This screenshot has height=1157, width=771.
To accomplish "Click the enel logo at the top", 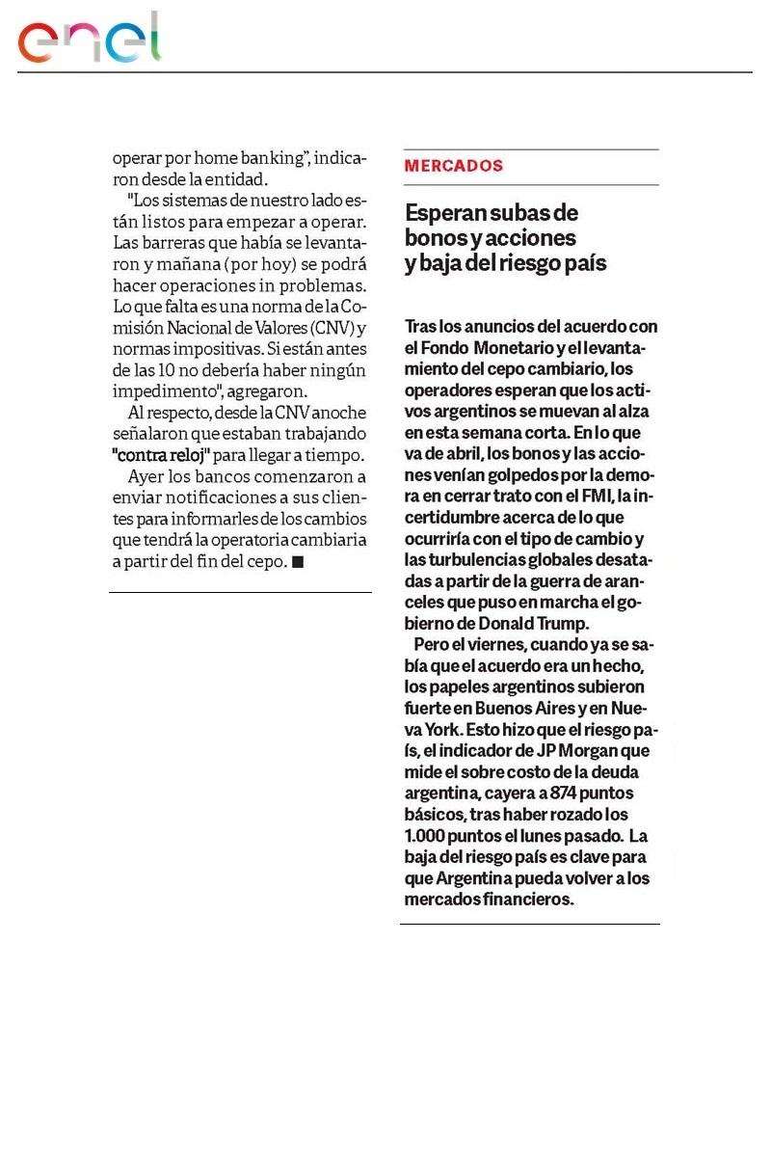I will [x=90, y=39].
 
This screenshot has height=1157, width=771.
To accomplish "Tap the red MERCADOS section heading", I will [x=454, y=166].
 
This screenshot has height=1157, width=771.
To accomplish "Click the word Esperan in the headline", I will [x=444, y=212].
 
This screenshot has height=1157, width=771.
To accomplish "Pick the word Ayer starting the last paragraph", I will [x=145, y=476].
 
